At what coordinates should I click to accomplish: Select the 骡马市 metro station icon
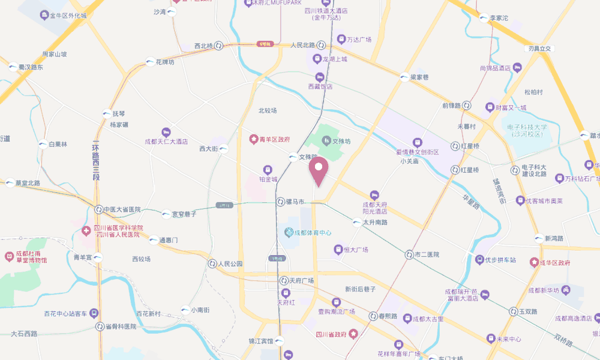tap(280, 202)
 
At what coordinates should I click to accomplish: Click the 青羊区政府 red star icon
tap(253, 139)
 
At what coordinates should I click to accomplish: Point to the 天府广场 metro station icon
tap(284, 280)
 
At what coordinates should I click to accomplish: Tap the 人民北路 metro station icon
tap(322, 45)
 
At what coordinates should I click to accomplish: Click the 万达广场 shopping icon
tap(340, 40)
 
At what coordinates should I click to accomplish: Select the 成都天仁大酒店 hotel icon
tap(166, 132)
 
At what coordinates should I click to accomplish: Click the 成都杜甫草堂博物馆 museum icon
tap(9, 256)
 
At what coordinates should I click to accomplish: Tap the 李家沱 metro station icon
tap(484, 18)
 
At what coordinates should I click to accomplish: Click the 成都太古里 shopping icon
tap(407, 319)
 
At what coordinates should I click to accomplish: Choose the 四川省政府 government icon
tap(354, 333)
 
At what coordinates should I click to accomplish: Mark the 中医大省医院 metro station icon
tap(99, 209)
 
